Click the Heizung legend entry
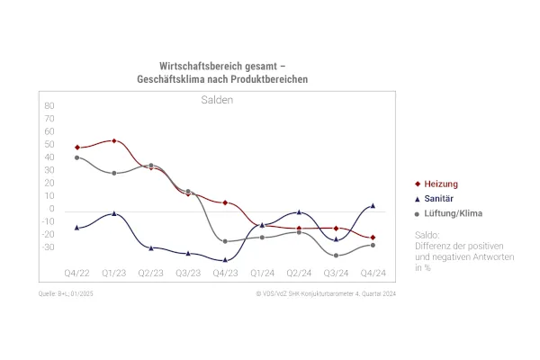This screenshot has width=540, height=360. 442,184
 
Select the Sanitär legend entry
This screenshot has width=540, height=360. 441,199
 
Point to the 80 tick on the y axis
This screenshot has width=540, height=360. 49,106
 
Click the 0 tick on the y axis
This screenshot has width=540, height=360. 52,210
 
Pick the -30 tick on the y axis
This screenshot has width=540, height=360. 48,247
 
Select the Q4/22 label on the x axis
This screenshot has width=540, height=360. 76,272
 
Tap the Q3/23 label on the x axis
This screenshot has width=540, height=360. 187,272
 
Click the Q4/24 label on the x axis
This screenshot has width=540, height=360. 373,272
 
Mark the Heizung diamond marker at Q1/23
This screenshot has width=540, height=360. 113,140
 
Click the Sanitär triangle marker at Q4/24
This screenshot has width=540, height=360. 373,205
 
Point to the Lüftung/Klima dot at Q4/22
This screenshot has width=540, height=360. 76,157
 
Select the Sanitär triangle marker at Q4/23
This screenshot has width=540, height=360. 225,259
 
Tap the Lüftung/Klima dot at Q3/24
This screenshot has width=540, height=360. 336,256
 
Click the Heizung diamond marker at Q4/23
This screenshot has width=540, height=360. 225,202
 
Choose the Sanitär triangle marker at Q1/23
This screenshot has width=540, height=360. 113,213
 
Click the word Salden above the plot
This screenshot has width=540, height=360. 217,100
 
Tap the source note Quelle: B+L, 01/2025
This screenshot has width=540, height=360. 66,293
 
